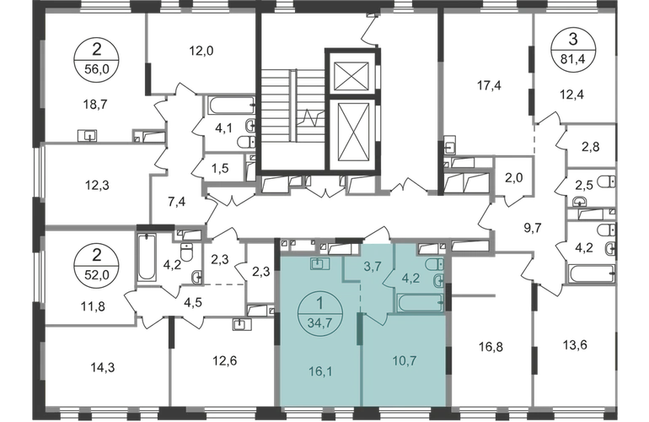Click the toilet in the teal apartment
pyautogui.click(x=438, y=278)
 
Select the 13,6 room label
pyautogui.click(x=576, y=344)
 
